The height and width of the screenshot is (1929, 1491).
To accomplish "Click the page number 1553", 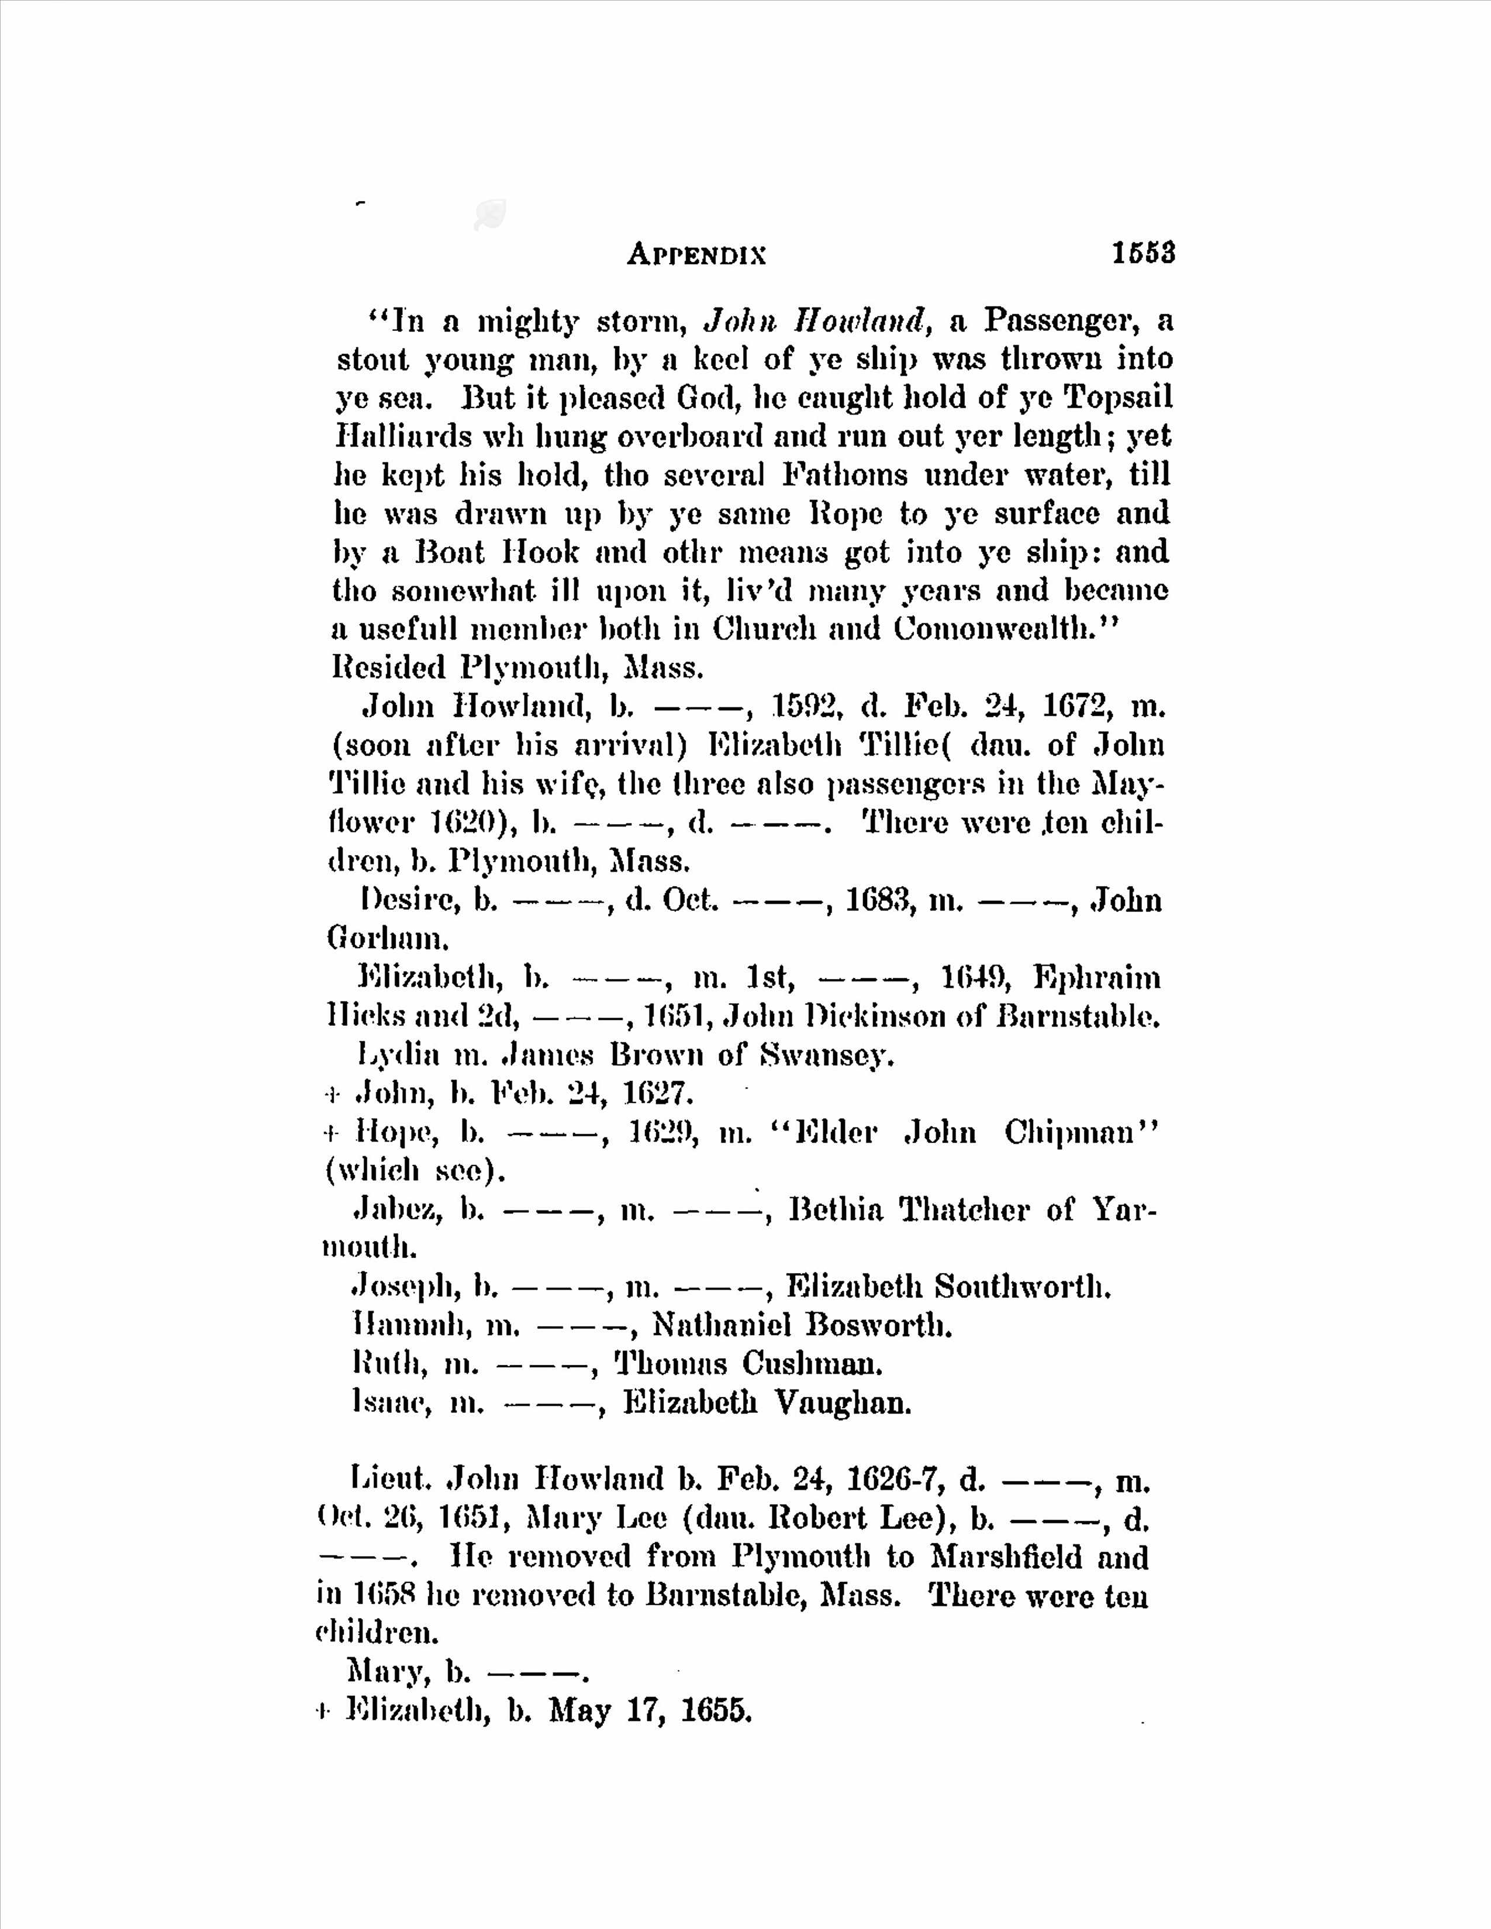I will (x=1144, y=254).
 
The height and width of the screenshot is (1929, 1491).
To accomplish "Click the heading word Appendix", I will (x=697, y=255).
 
